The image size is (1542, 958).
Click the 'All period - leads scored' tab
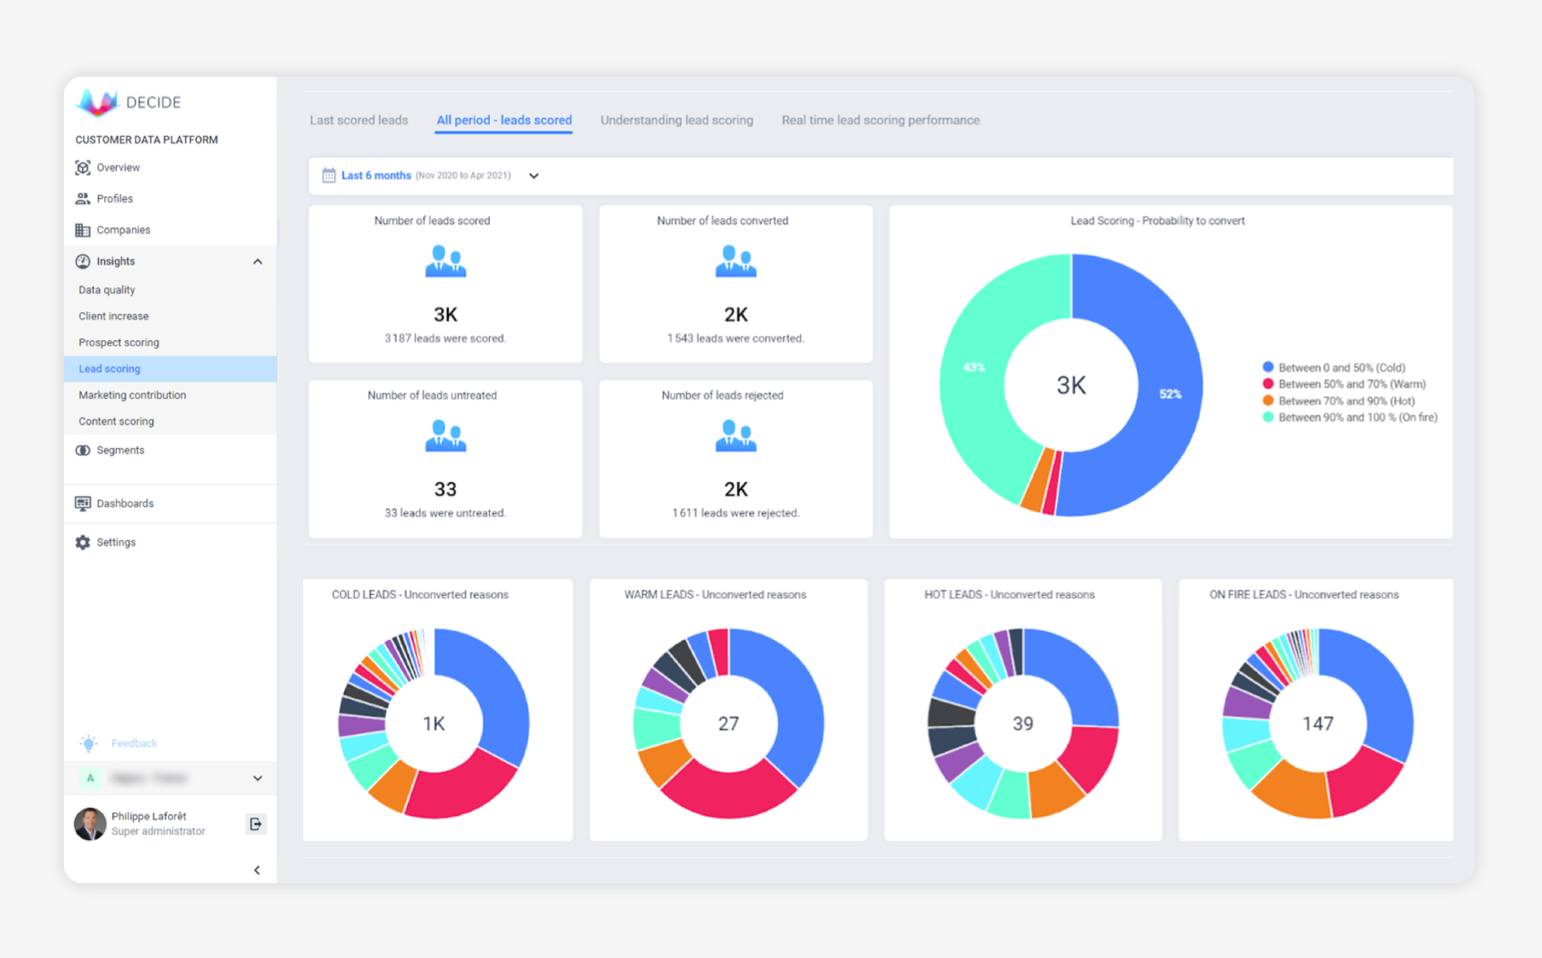(x=504, y=120)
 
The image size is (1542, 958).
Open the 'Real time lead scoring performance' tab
(x=880, y=120)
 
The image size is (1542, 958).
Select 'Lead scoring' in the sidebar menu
(x=109, y=369)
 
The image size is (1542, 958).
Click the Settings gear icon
(x=83, y=542)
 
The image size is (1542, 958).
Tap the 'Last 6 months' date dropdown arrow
(x=534, y=176)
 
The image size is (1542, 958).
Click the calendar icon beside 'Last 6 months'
(x=328, y=175)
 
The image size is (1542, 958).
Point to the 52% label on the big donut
(x=1170, y=394)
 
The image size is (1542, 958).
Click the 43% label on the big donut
(x=974, y=368)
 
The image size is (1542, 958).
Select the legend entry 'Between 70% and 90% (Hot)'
(x=1346, y=401)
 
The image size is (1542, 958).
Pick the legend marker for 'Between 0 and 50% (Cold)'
(x=1267, y=368)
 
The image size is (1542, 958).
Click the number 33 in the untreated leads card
(x=445, y=489)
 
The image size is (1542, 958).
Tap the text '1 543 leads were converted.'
(x=735, y=338)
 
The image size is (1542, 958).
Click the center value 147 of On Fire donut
(x=1317, y=724)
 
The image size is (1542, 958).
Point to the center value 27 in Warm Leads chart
(x=728, y=724)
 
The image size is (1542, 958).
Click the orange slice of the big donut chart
(x=1037, y=479)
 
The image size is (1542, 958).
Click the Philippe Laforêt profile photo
(x=89, y=824)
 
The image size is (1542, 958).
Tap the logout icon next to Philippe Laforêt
(x=255, y=824)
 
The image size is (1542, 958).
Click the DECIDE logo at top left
(x=99, y=102)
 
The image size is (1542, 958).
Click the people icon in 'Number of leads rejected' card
(x=735, y=436)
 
